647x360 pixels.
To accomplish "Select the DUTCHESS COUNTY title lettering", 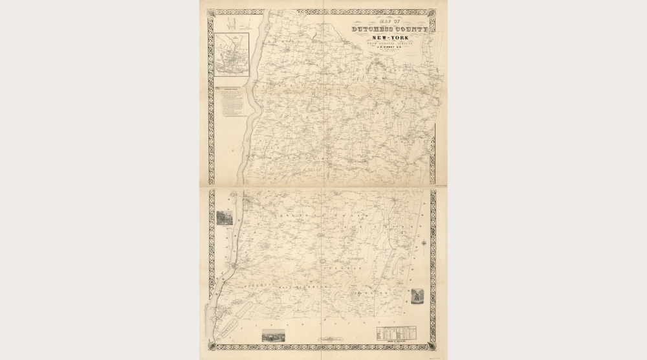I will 389,30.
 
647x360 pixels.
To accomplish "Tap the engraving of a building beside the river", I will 225,218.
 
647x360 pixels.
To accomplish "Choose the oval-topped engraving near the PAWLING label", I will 417,295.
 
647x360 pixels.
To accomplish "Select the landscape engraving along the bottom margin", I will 273,335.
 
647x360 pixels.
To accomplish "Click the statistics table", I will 397,333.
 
